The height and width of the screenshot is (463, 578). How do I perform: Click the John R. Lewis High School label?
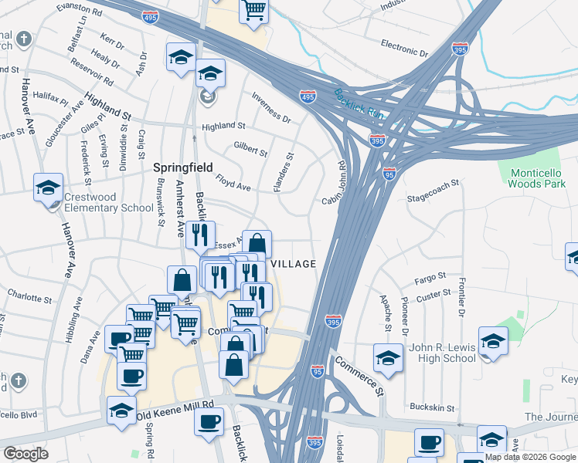438,353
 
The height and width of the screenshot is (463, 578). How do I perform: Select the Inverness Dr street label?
271,109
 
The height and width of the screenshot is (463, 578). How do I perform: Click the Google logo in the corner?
25,453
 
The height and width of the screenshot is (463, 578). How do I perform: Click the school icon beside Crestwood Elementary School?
48,188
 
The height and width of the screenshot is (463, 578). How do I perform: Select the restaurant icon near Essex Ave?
200,234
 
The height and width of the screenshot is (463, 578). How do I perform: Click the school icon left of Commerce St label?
388,357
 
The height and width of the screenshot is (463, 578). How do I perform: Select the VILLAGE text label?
293,264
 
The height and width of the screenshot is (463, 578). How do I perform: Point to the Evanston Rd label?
80,10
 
